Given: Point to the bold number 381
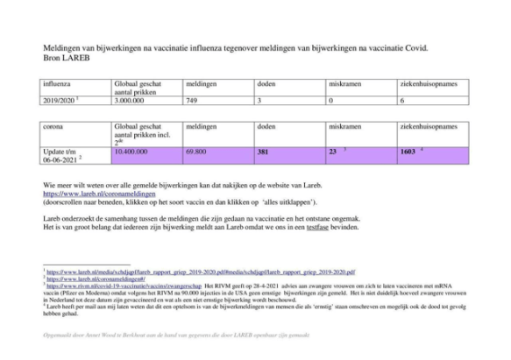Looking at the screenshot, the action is coord(262,151).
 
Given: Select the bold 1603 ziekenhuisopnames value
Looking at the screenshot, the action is coord(408,151).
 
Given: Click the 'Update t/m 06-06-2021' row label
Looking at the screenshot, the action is coord(62,154).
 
